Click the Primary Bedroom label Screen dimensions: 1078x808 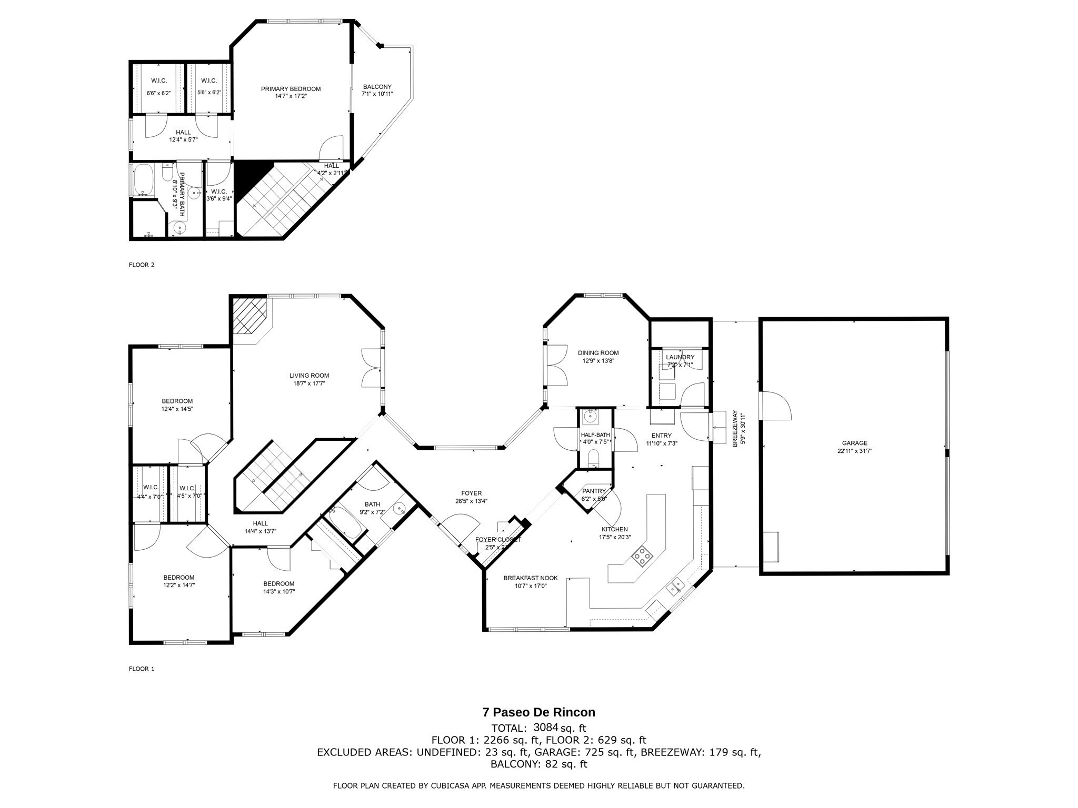(x=291, y=89)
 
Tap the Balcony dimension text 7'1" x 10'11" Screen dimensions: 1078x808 (x=377, y=94)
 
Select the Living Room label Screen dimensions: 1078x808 (x=309, y=376)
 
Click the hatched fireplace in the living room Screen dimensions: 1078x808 (x=250, y=316)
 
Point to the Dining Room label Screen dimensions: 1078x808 (x=598, y=353)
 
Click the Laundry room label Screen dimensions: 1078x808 (x=680, y=357)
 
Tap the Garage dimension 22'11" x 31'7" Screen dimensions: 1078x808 (x=855, y=451)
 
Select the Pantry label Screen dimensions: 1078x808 (x=594, y=491)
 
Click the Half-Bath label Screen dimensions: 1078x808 (x=595, y=435)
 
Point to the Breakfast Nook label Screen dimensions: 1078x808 (x=531, y=578)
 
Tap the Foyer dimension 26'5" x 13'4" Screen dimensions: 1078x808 (x=471, y=501)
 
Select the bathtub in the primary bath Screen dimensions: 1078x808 (x=144, y=180)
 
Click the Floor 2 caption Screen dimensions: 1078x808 (x=142, y=265)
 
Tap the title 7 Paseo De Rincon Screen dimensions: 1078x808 (x=539, y=712)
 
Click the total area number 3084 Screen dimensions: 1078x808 (x=545, y=728)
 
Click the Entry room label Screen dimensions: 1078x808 (x=662, y=436)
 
